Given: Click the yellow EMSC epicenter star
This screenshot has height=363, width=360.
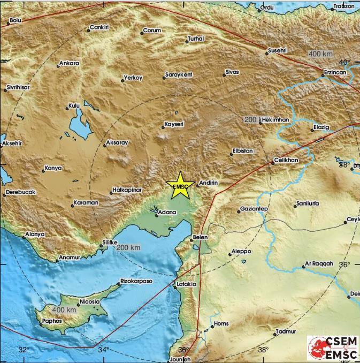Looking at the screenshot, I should (181, 185).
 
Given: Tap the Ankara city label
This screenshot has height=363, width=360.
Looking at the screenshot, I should (69, 63).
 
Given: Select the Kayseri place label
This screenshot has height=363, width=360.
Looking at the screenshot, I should (174, 124).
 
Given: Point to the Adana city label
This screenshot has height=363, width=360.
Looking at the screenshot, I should (165, 213).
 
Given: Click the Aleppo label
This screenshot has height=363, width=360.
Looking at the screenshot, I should (241, 251).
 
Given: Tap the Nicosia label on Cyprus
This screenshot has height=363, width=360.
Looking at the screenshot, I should (89, 301).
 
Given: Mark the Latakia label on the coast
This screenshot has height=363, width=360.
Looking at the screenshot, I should (186, 284).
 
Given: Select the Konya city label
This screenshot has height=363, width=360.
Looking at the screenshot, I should (53, 168).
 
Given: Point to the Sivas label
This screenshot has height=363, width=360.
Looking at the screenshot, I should (232, 71).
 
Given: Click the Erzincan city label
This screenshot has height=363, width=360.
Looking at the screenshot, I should (335, 71).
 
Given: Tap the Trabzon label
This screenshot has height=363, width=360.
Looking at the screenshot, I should (344, 6).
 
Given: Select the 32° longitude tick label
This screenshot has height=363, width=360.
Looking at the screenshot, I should (23, 350).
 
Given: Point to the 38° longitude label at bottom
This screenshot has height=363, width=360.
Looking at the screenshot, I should (263, 350).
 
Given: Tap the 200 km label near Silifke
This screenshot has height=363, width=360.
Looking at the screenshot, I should (128, 247).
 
